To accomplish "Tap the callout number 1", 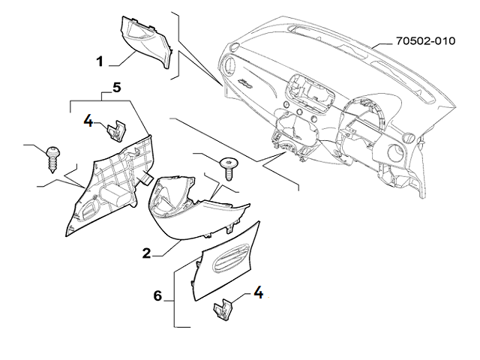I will click(x=100, y=59).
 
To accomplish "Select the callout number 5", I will click(x=116, y=88).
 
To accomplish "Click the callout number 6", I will click(x=157, y=296).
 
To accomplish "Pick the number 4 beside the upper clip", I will click(x=88, y=120).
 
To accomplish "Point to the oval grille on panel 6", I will click(x=227, y=259).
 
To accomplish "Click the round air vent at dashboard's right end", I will click(x=409, y=136).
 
